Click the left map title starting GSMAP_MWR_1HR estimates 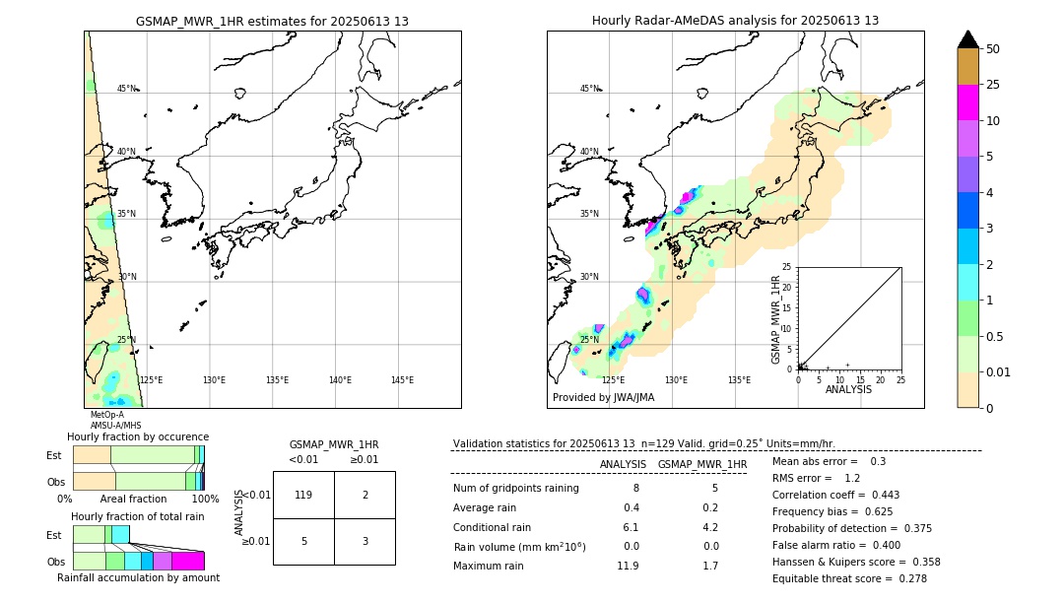(272, 21)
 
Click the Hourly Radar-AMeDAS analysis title (735, 21)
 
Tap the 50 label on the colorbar (993, 49)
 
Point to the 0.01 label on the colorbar (999, 371)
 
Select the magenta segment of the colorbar (967, 102)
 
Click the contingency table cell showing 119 (303, 495)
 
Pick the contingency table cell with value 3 (365, 541)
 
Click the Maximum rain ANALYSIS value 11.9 (628, 566)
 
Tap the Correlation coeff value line (835, 495)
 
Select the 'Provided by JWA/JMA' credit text (603, 397)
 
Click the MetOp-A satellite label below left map (106, 415)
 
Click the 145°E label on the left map (402, 380)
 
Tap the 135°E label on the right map (739, 380)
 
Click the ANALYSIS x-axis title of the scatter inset (848, 389)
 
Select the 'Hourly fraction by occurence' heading (138, 436)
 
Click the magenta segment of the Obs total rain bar (188, 561)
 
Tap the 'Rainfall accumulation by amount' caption (138, 578)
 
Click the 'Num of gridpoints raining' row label (515, 488)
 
